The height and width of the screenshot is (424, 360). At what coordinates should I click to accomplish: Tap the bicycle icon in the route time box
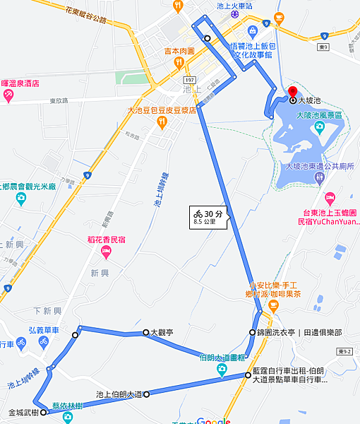tap(199, 213)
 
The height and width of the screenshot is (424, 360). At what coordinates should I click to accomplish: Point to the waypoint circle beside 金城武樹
tap(44, 412)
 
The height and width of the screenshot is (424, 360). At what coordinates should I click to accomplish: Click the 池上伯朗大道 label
tap(119, 394)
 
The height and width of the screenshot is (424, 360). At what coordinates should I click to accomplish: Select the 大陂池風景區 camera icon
tap(319, 126)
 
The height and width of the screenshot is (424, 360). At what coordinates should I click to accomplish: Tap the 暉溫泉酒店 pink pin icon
tap(8, 94)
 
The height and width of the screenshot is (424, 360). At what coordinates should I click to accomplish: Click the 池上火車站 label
tap(234, 5)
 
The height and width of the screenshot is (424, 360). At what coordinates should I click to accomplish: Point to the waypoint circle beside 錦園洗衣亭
tap(252, 332)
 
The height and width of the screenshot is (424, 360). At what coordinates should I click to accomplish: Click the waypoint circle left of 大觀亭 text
tap(145, 331)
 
